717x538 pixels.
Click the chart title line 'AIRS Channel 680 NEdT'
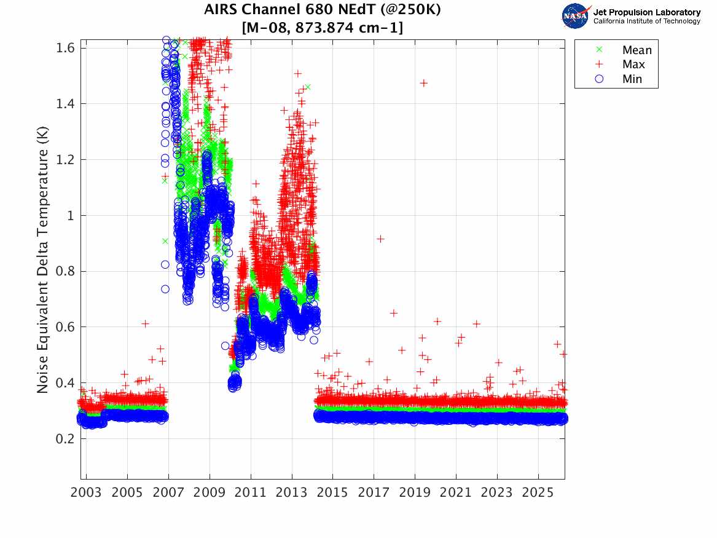pyautogui.click(x=323, y=10)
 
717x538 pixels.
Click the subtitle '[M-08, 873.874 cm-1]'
pyautogui.click(x=323, y=28)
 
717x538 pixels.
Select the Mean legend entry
pyautogui.click(x=637, y=50)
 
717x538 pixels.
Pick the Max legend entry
pyautogui.click(x=633, y=65)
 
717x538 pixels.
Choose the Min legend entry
pyautogui.click(x=632, y=79)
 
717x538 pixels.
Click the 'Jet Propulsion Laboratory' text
pyautogui.click(x=646, y=12)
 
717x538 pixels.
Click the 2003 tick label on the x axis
pyautogui.click(x=86, y=493)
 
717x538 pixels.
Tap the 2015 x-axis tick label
pyautogui.click(x=332, y=493)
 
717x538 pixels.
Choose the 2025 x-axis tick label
pyautogui.click(x=538, y=493)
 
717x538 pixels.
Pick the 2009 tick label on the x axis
pyautogui.click(x=210, y=493)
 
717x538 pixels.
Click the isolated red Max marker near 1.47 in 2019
pyautogui.click(x=423, y=82)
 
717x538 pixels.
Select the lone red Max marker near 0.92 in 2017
pyautogui.click(x=380, y=239)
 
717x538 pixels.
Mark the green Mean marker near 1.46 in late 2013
pyautogui.click(x=307, y=87)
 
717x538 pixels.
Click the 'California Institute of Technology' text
pyautogui.click(x=646, y=22)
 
